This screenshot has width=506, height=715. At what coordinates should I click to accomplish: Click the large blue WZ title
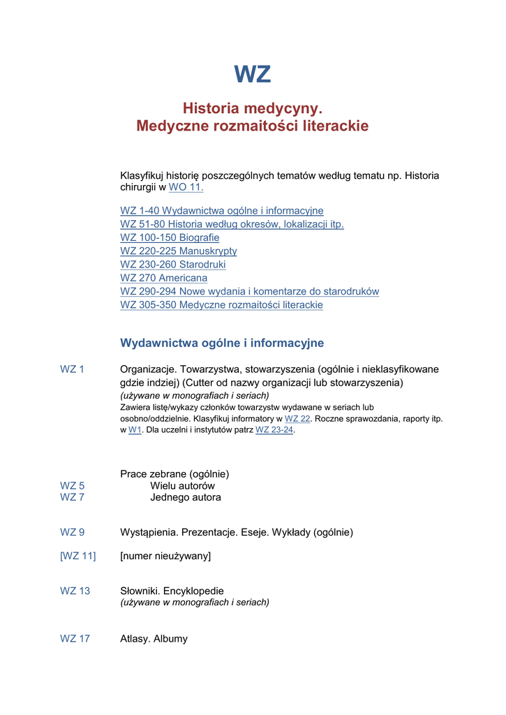click(252, 74)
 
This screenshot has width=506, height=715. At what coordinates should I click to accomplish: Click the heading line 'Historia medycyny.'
click(252, 108)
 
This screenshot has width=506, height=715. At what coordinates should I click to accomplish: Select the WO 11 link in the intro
click(185, 188)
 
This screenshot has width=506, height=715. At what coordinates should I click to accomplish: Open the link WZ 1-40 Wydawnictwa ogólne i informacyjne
click(221, 211)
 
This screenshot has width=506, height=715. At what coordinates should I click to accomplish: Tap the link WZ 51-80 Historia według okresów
click(232, 224)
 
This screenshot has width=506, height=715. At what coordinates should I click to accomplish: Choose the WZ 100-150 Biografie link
click(170, 237)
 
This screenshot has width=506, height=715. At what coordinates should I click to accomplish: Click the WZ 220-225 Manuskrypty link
click(178, 251)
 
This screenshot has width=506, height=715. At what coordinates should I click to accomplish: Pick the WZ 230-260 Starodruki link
click(172, 265)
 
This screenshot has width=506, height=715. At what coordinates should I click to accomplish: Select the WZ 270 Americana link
click(163, 278)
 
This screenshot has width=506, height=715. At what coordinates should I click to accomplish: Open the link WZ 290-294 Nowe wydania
click(249, 291)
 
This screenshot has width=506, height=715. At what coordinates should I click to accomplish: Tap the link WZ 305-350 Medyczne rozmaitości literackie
click(221, 305)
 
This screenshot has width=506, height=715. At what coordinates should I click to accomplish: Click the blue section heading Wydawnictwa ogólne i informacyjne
click(222, 343)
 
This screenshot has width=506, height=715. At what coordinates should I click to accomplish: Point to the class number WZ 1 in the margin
click(72, 369)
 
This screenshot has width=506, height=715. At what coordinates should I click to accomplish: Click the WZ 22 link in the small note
click(297, 419)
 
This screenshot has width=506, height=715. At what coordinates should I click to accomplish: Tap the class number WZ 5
click(72, 486)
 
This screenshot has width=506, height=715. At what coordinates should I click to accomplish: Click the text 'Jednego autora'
click(186, 498)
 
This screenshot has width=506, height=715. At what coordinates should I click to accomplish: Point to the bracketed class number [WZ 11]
click(77, 556)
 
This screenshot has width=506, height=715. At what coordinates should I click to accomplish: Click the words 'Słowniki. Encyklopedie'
click(172, 591)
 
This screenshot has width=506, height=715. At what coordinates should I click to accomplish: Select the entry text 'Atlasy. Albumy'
click(154, 639)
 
